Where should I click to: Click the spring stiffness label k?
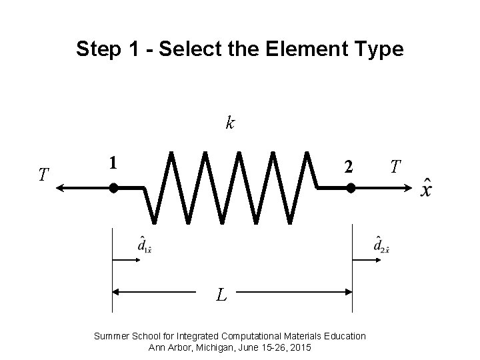(x=230, y=123)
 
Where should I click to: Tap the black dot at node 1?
(x=113, y=189)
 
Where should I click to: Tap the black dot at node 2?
(x=351, y=189)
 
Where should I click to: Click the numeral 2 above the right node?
(x=347, y=167)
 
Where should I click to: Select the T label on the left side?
(x=43, y=175)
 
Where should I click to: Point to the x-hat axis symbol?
(x=426, y=187)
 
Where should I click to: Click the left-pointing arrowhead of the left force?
(x=59, y=189)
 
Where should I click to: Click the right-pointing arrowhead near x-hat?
(x=409, y=189)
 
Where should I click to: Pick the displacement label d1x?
(x=143, y=245)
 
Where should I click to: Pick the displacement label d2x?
(x=381, y=245)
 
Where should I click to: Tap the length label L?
(x=222, y=293)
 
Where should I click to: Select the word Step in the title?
(x=95, y=49)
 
